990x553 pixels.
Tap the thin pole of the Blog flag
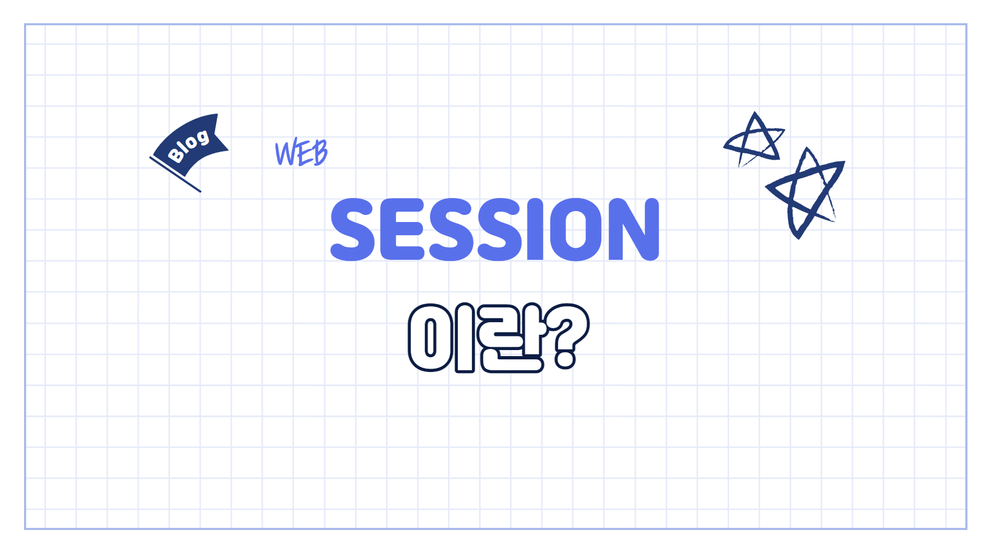coord(175,174)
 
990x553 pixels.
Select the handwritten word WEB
coord(301,153)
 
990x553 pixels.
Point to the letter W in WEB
coord(285,153)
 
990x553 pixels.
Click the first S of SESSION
coord(353,229)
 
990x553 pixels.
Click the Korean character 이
coord(441,338)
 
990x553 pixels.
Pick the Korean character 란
coord(511,338)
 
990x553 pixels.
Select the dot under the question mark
coord(565,360)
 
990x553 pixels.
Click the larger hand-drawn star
coord(805,193)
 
